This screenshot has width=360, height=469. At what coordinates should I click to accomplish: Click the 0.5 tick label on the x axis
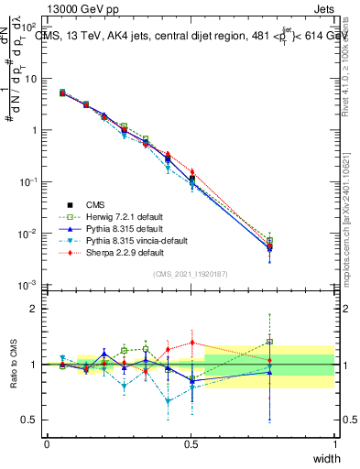click(x=191, y=444)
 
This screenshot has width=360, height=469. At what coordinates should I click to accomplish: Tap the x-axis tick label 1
click(x=335, y=444)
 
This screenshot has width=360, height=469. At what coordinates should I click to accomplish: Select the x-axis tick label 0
click(x=47, y=444)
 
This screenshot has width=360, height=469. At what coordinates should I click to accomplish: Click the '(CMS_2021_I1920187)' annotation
click(x=191, y=274)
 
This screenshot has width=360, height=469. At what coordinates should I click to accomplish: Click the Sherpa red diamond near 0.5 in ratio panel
click(x=191, y=343)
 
